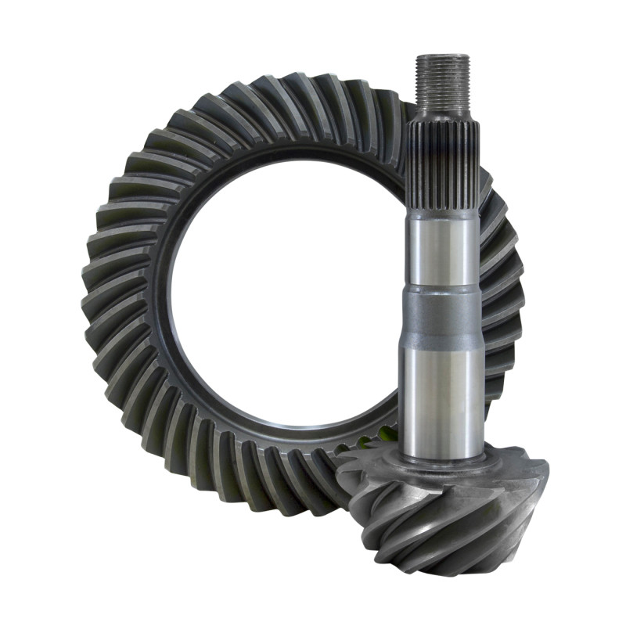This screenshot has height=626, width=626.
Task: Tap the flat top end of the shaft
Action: point(443,56)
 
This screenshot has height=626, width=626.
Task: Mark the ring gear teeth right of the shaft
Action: point(501,297)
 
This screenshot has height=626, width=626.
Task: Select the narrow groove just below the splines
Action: point(441,213)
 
